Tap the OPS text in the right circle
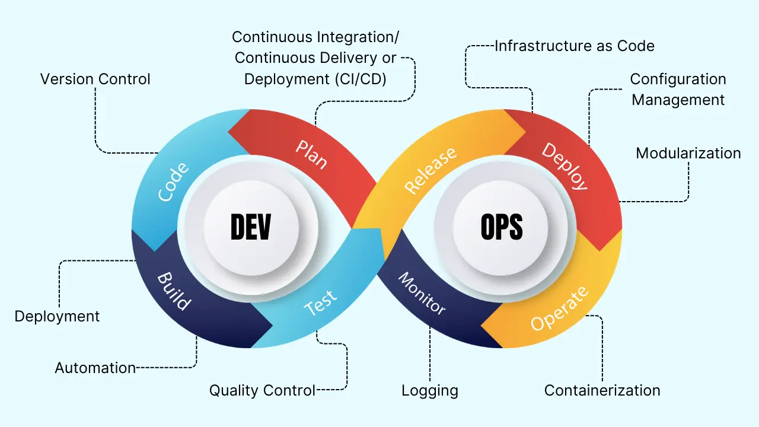pos(501,227)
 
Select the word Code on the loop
pos(174,181)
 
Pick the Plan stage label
pos(312,154)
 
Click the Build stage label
pos(174,291)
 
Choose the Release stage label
pos(430,170)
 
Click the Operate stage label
pos(560,308)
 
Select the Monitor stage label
pos(421,293)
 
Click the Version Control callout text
pos(95,79)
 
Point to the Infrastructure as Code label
pos(575,46)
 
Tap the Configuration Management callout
pos(678,90)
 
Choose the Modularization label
pos(688,153)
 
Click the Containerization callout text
pos(602,390)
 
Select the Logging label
pos(429,391)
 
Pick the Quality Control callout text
pos(262,391)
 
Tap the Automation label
pos(95,368)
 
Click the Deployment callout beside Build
pos(57,316)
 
